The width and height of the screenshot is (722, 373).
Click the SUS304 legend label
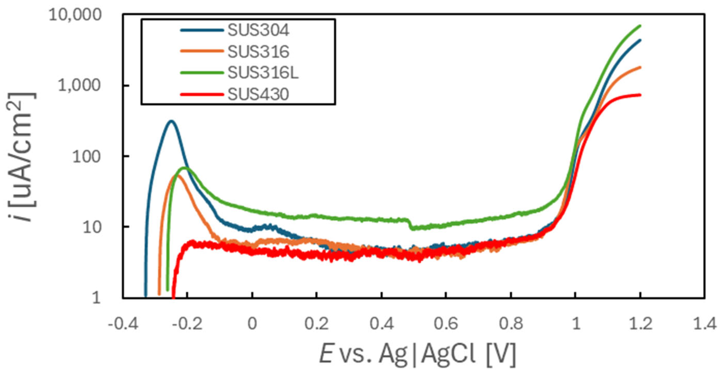point(258,30)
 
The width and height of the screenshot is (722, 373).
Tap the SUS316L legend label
point(263,73)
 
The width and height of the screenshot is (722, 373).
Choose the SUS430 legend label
point(258,94)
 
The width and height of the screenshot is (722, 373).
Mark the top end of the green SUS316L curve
point(640,26)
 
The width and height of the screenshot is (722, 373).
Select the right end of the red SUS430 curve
point(640,95)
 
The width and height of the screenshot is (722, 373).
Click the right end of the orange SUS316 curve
point(640,67)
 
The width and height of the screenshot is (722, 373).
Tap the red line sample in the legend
point(202,94)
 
